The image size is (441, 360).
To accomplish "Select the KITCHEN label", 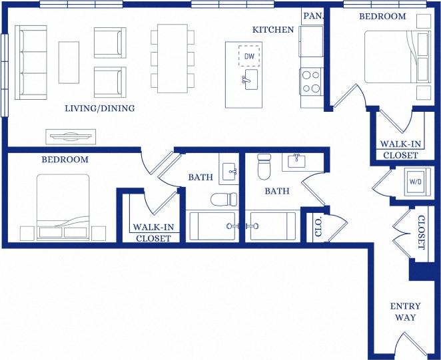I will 273,30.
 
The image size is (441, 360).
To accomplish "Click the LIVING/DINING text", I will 100,108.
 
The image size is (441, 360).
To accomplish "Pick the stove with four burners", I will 311,81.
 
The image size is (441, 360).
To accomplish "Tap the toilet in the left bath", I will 223,198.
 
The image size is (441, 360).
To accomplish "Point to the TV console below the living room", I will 70,136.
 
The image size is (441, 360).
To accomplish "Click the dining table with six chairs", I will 173,59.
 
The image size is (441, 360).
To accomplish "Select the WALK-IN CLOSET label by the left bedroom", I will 154,232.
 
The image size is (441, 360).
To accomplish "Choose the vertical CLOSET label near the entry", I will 421,233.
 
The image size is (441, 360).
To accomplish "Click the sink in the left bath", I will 228,170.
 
